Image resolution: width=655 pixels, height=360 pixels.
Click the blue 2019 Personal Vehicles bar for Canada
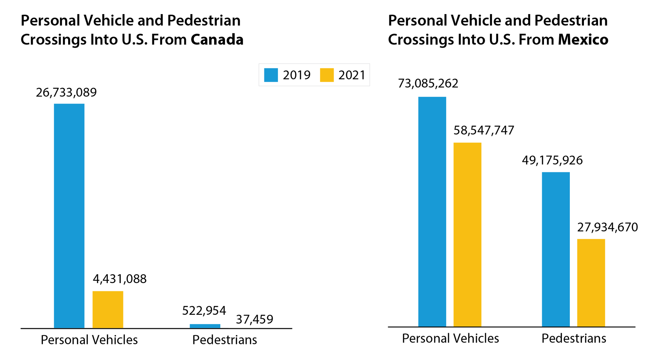click(69, 216)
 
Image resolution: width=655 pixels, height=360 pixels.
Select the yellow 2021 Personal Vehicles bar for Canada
click(108, 309)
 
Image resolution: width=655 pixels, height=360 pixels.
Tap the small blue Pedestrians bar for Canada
click(205, 326)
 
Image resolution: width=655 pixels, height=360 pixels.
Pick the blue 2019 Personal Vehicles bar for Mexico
click(432, 211)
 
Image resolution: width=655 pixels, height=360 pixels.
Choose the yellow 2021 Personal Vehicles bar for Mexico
click(467, 234)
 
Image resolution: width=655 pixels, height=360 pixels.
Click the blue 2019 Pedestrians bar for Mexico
click(556, 249)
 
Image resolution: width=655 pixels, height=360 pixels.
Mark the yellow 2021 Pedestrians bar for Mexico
click(591, 282)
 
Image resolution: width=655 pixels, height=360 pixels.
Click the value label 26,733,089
click(66, 93)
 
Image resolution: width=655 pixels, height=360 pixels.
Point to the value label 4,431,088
click(120, 279)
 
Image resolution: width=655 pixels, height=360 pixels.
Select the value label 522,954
click(204, 311)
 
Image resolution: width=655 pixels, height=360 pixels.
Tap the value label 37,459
click(254, 319)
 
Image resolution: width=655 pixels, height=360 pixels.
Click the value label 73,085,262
click(428, 83)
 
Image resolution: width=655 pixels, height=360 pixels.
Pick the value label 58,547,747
click(484, 130)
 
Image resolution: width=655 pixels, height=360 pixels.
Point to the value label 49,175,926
click(552, 160)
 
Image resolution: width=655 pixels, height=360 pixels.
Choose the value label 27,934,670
click(608, 227)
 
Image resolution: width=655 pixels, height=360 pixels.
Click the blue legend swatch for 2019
click(271, 75)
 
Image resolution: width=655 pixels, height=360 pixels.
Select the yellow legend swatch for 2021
click(327, 75)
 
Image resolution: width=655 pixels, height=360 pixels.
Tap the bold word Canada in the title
click(217, 40)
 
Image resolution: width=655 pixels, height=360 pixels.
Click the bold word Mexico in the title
click(583, 40)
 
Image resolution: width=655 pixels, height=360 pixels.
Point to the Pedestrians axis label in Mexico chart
click(574, 338)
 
